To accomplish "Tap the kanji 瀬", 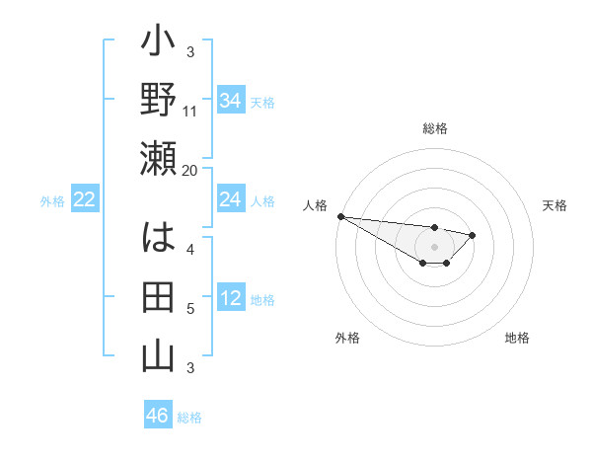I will [158, 159].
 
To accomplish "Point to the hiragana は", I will [158, 241].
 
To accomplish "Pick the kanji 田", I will [158, 298].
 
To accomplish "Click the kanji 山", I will [158, 355].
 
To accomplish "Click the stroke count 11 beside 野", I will [190, 112].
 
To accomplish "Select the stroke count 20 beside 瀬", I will [190, 170].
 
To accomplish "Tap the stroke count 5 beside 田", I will [190, 309].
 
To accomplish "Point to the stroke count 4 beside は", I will [190, 250].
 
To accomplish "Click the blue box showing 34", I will [230, 101].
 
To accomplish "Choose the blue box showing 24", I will [230, 199].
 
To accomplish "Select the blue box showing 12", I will [230, 298].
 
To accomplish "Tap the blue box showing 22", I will [85, 199].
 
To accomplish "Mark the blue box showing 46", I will [158, 415].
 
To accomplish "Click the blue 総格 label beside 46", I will [189, 418].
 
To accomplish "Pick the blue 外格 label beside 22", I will [52, 201].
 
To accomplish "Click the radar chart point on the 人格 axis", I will [339, 216].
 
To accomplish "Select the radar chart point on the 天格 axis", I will [474, 235].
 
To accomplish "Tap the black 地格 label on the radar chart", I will [517, 339].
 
